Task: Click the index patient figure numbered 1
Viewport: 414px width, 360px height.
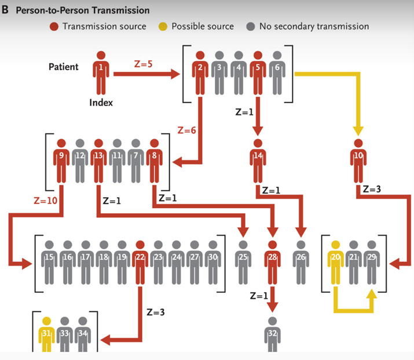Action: [101, 72]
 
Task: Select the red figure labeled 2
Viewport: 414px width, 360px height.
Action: [200, 72]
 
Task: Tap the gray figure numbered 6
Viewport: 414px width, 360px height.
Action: [277, 72]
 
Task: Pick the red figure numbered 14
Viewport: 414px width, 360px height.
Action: [258, 161]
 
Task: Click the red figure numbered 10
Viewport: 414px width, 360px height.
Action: [358, 161]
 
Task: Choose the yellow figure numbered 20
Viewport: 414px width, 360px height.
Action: [335, 263]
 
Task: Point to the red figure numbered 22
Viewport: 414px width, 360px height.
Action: [140, 263]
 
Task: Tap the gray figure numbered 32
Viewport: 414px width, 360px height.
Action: [272, 334]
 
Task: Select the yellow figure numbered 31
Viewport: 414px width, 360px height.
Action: [46, 334]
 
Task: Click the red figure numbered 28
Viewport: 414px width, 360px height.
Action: [272, 263]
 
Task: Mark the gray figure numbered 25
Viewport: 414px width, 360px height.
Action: [243, 263]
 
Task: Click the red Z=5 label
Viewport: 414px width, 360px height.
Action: [143, 64]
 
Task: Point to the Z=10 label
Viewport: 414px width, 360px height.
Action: [45, 201]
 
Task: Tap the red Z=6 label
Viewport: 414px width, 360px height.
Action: [186, 130]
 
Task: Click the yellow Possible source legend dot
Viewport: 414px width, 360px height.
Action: [163, 27]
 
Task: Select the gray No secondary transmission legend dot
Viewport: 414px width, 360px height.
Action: [251, 27]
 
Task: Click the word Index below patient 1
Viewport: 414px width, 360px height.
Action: [101, 103]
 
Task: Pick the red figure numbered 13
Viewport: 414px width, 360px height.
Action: [98, 161]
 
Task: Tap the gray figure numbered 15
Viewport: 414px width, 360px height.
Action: [49, 263]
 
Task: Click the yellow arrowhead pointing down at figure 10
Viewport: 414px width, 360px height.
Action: [358, 132]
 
